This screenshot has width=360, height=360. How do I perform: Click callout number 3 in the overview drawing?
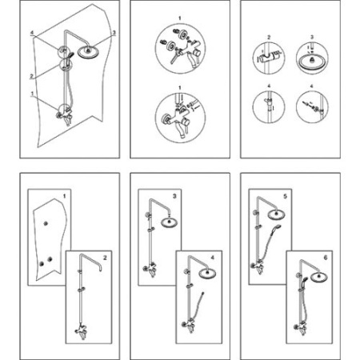pyautogui.click(x=114, y=33)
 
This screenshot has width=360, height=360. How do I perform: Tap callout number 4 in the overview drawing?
pyautogui.click(x=32, y=33)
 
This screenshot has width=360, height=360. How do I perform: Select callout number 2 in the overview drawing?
pyautogui.click(x=31, y=76)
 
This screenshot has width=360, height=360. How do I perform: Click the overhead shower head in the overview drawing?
pyautogui.click(x=88, y=51)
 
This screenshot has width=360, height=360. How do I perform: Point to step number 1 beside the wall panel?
pyautogui.click(x=64, y=196)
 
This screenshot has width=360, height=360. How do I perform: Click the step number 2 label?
pyautogui.click(x=105, y=258)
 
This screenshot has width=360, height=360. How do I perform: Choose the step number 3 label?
pyautogui.click(x=174, y=196)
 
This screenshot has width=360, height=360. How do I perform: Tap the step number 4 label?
pyautogui.click(x=213, y=258)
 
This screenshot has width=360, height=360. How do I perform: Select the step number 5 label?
pyautogui.click(x=285, y=196)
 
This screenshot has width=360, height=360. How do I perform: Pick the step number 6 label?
pyautogui.click(x=326, y=258)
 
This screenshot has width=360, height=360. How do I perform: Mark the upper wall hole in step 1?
pyautogui.click(x=46, y=223)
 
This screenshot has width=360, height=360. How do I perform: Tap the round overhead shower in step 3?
pyautogui.click(x=169, y=222)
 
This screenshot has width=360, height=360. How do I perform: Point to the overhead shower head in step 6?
pyautogui.click(x=319, y=277)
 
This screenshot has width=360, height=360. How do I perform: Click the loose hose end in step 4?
pyautogui.click(x=203, y=293)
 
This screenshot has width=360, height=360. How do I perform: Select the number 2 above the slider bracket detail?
pyautogui.click(x=269, y=38)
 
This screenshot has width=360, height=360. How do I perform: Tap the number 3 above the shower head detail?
pyautogui.click(x=312, y=38)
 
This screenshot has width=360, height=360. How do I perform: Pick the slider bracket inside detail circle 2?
pyautogui.click(x=269, y=57)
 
